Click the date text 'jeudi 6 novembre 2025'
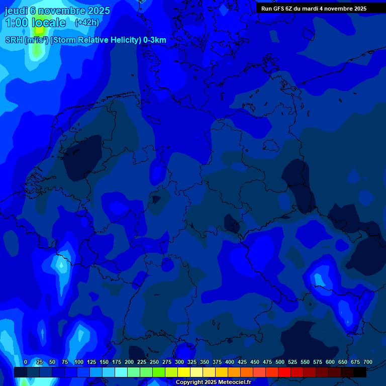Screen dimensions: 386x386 click(57, 11)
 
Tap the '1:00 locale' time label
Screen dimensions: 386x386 click(35, 23)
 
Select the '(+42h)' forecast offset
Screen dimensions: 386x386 click(87, 23)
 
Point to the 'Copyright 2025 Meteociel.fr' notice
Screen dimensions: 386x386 click(213, 382)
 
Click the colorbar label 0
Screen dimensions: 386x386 click(26, 362)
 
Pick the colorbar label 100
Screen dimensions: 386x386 click(79, 362)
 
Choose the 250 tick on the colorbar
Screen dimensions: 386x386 click(154, 362)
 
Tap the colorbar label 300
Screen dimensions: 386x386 click(179, 362)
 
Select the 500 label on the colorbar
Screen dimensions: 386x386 click(280, 362)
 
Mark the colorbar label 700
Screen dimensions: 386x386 click(368, 362)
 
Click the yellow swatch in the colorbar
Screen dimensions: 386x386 click(184, 372)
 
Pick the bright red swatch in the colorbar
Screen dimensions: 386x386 click(284, 372)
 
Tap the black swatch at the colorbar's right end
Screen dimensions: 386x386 click(360, 372)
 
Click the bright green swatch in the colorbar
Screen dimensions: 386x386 click(159, 372)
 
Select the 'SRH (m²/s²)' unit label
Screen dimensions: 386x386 click(26, 40)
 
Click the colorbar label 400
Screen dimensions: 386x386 click(230, 362)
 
